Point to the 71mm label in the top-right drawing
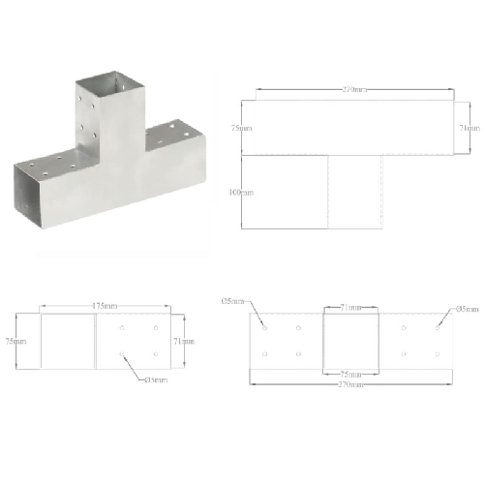point(470,128)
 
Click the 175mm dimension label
point(106,307)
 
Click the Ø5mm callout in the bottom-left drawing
point(156,379)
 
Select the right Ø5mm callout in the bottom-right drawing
point(468,309)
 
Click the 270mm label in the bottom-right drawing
point(351,384)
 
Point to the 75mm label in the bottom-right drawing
point(350,373)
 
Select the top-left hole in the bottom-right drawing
point(264,329)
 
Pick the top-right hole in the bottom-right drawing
point(438,329)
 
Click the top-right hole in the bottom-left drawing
point(155,329)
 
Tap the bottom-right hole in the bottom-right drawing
point(438,354)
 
